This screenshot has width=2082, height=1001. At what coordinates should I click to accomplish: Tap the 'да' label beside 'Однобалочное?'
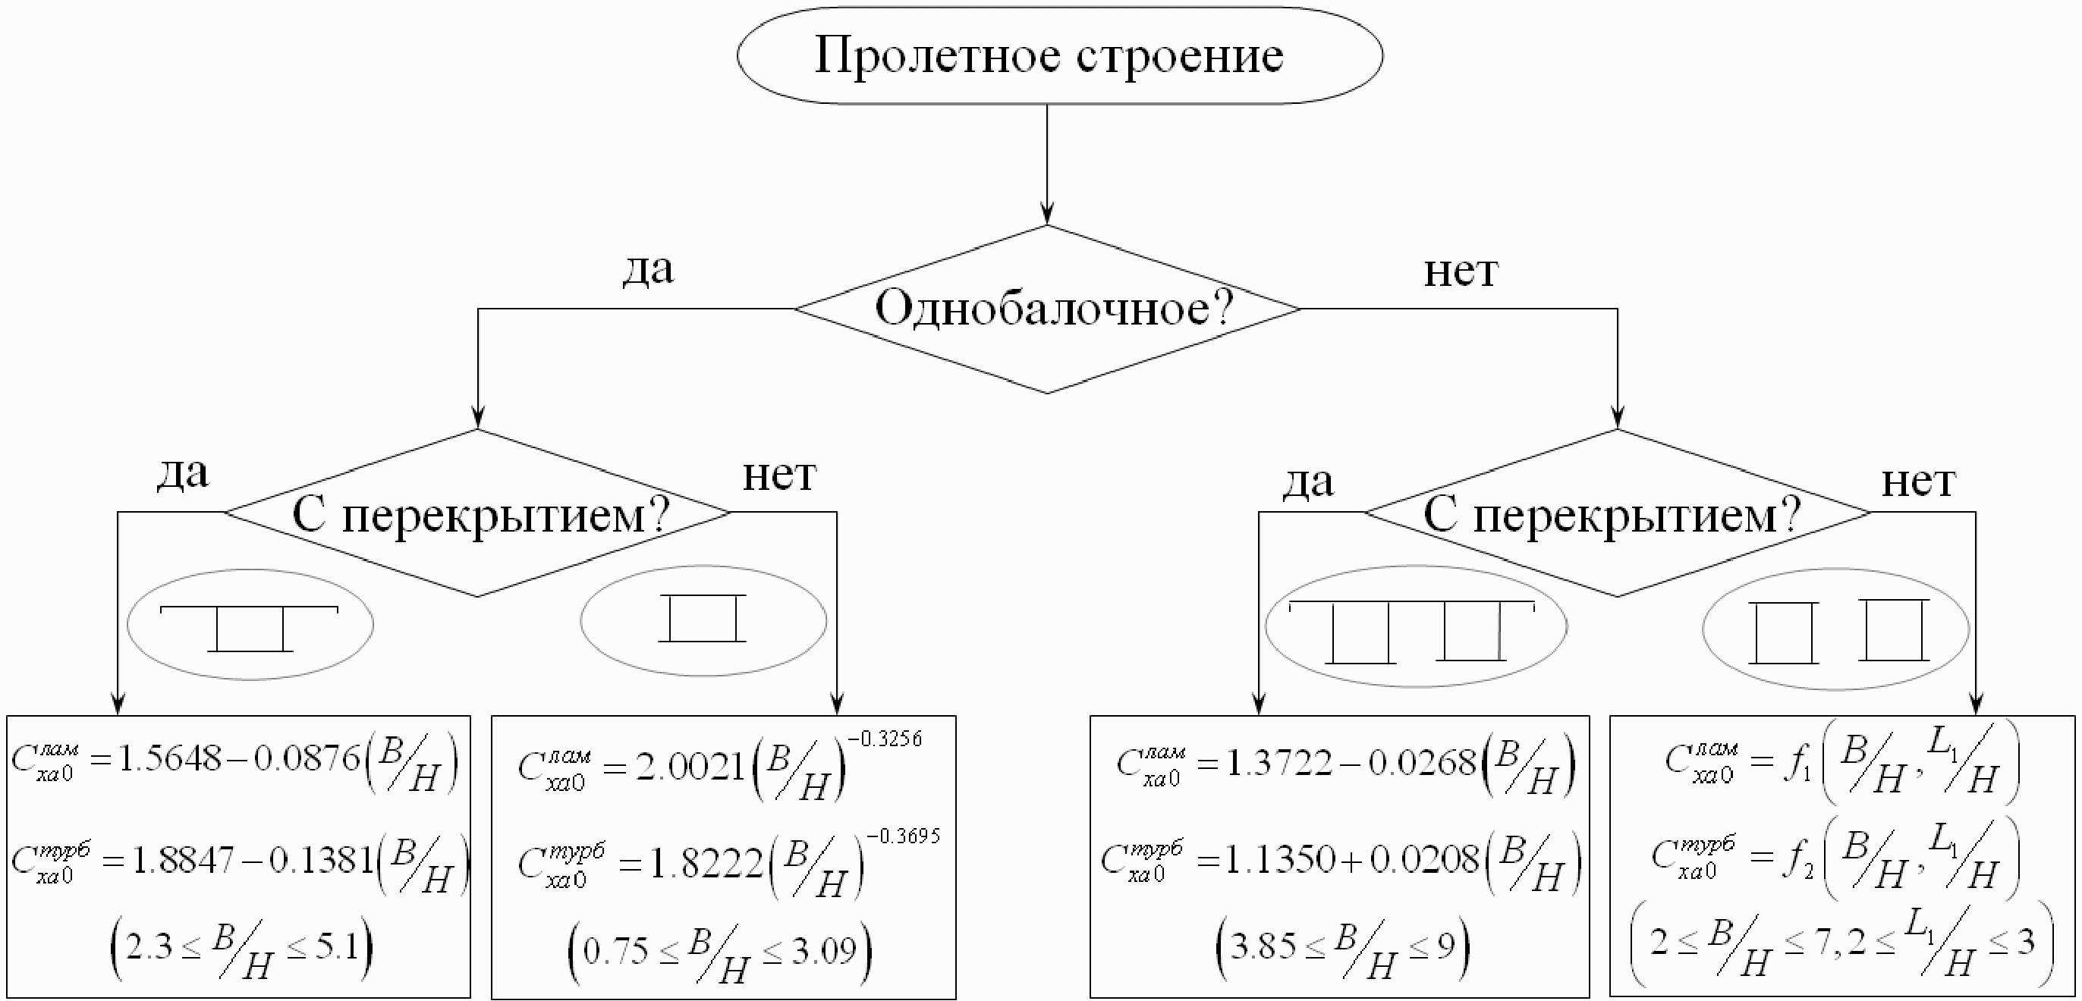pyautogui.click(x=647, y=268)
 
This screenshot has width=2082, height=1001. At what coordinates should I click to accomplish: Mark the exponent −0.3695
pyautogui.click(x=903, y=836)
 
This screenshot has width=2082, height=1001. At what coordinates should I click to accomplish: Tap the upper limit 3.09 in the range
pyautogui.click(x=823, y=952)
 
